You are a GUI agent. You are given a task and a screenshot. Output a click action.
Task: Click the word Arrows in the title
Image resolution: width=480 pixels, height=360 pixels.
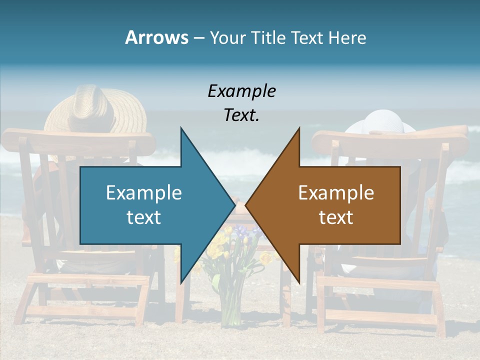coord(156,37)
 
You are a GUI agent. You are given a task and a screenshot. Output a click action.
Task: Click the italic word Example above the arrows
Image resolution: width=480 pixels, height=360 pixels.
coord(241,91)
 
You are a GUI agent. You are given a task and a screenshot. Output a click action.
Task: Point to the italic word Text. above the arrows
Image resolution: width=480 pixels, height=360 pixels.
coord(241,115)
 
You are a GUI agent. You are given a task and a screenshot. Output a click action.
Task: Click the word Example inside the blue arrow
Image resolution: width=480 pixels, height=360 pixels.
coord(144,192)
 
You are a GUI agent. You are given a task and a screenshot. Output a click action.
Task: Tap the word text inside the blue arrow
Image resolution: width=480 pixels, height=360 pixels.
coord(144,217)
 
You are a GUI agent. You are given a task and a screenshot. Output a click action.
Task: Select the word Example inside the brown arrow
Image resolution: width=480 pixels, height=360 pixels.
coord(336,192)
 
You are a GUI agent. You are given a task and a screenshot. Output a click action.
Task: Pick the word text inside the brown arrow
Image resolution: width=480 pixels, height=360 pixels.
coord(336,217)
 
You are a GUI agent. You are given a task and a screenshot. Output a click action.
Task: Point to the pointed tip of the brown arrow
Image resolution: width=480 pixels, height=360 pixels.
coord(246,205)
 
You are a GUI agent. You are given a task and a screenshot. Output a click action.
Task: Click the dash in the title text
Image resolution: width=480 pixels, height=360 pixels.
coord(198,38)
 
